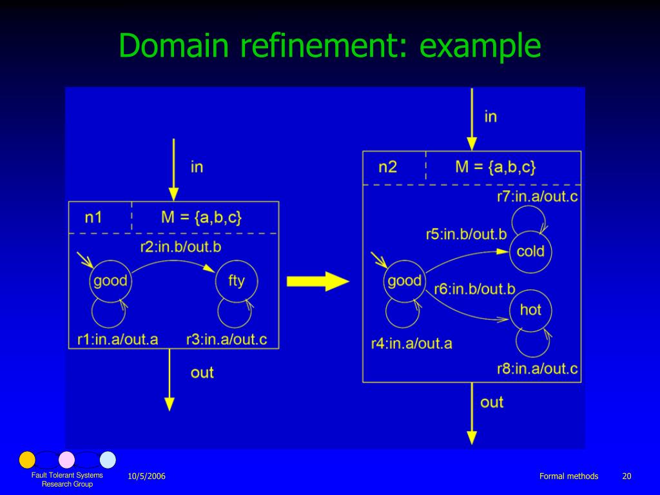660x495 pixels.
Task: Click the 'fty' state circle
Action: click(237, 281)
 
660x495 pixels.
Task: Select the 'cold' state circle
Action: click(530, 251)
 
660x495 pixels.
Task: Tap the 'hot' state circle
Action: click(530, 309)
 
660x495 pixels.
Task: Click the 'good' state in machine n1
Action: click(110, 281)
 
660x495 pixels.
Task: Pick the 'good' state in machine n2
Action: click(405, 281)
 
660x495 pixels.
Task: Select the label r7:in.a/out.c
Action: click(537, 197)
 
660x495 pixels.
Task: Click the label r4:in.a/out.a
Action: click(411, 344)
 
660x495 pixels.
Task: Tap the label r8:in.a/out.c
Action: click(537, 369)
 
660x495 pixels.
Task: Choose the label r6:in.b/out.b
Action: click(474, 289)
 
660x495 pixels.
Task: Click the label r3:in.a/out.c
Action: click(226, 339)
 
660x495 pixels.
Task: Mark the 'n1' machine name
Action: click(94, 217)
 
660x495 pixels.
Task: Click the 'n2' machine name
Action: click(387, 167)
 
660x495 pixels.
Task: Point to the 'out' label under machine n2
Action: click(492, 402)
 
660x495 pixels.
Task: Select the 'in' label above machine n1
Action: click(197, 167)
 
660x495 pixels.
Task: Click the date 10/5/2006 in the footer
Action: click(146, 476)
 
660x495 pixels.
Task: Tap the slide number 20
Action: click(626, 476)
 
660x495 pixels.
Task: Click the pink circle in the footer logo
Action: click(67, 460)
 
